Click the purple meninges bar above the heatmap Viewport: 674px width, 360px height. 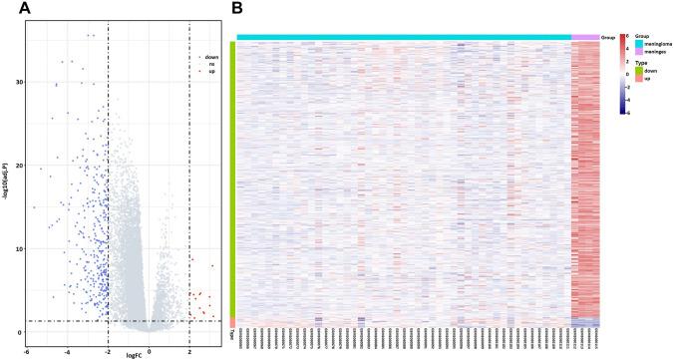coord(585,37)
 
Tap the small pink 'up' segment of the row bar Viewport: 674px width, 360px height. coord(232,322)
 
